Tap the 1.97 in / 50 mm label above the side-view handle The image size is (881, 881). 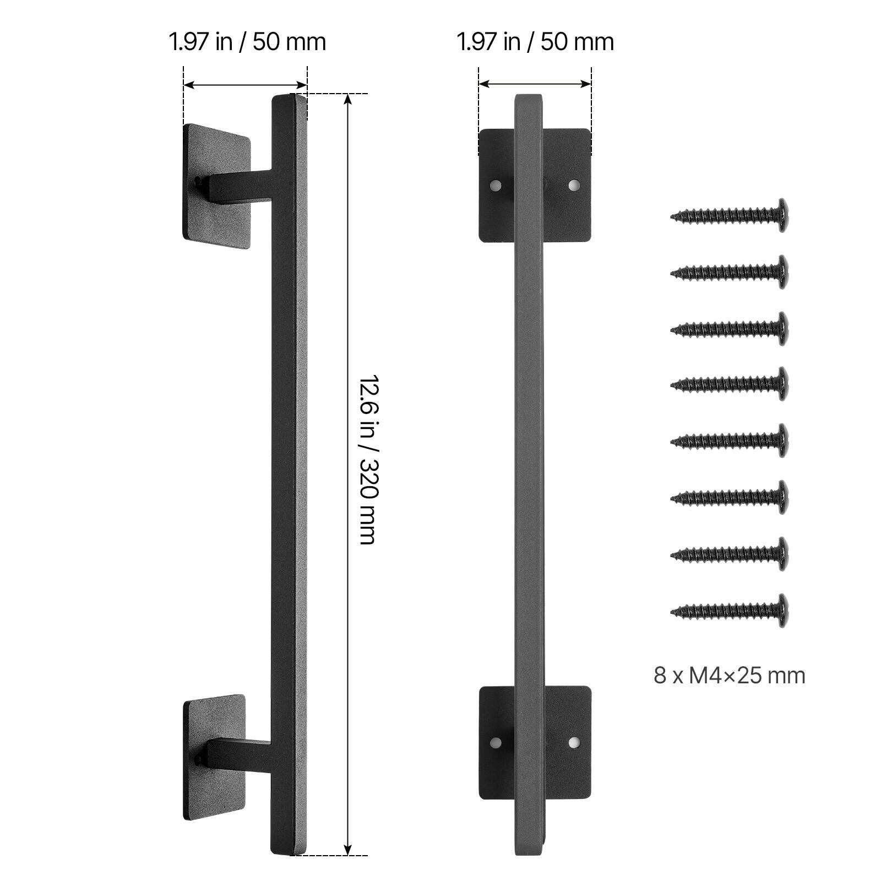pyautogui.click(x=247, y=42)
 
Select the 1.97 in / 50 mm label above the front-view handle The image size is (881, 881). pyautogui.click(x=535, y=42)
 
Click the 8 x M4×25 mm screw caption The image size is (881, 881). pyautogui.click(x=729, y=676)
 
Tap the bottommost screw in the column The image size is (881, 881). pyautogui.click(x=730, y=610)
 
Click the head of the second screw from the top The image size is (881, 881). pyautogui.click(x=781, y=271)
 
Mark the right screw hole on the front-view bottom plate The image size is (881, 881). pyautogui.click(x=574, y=743)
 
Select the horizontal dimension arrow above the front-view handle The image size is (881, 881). pyautogui.click(x=535, y=84)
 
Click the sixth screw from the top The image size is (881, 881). pyautogui.click(x=730, y=497)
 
